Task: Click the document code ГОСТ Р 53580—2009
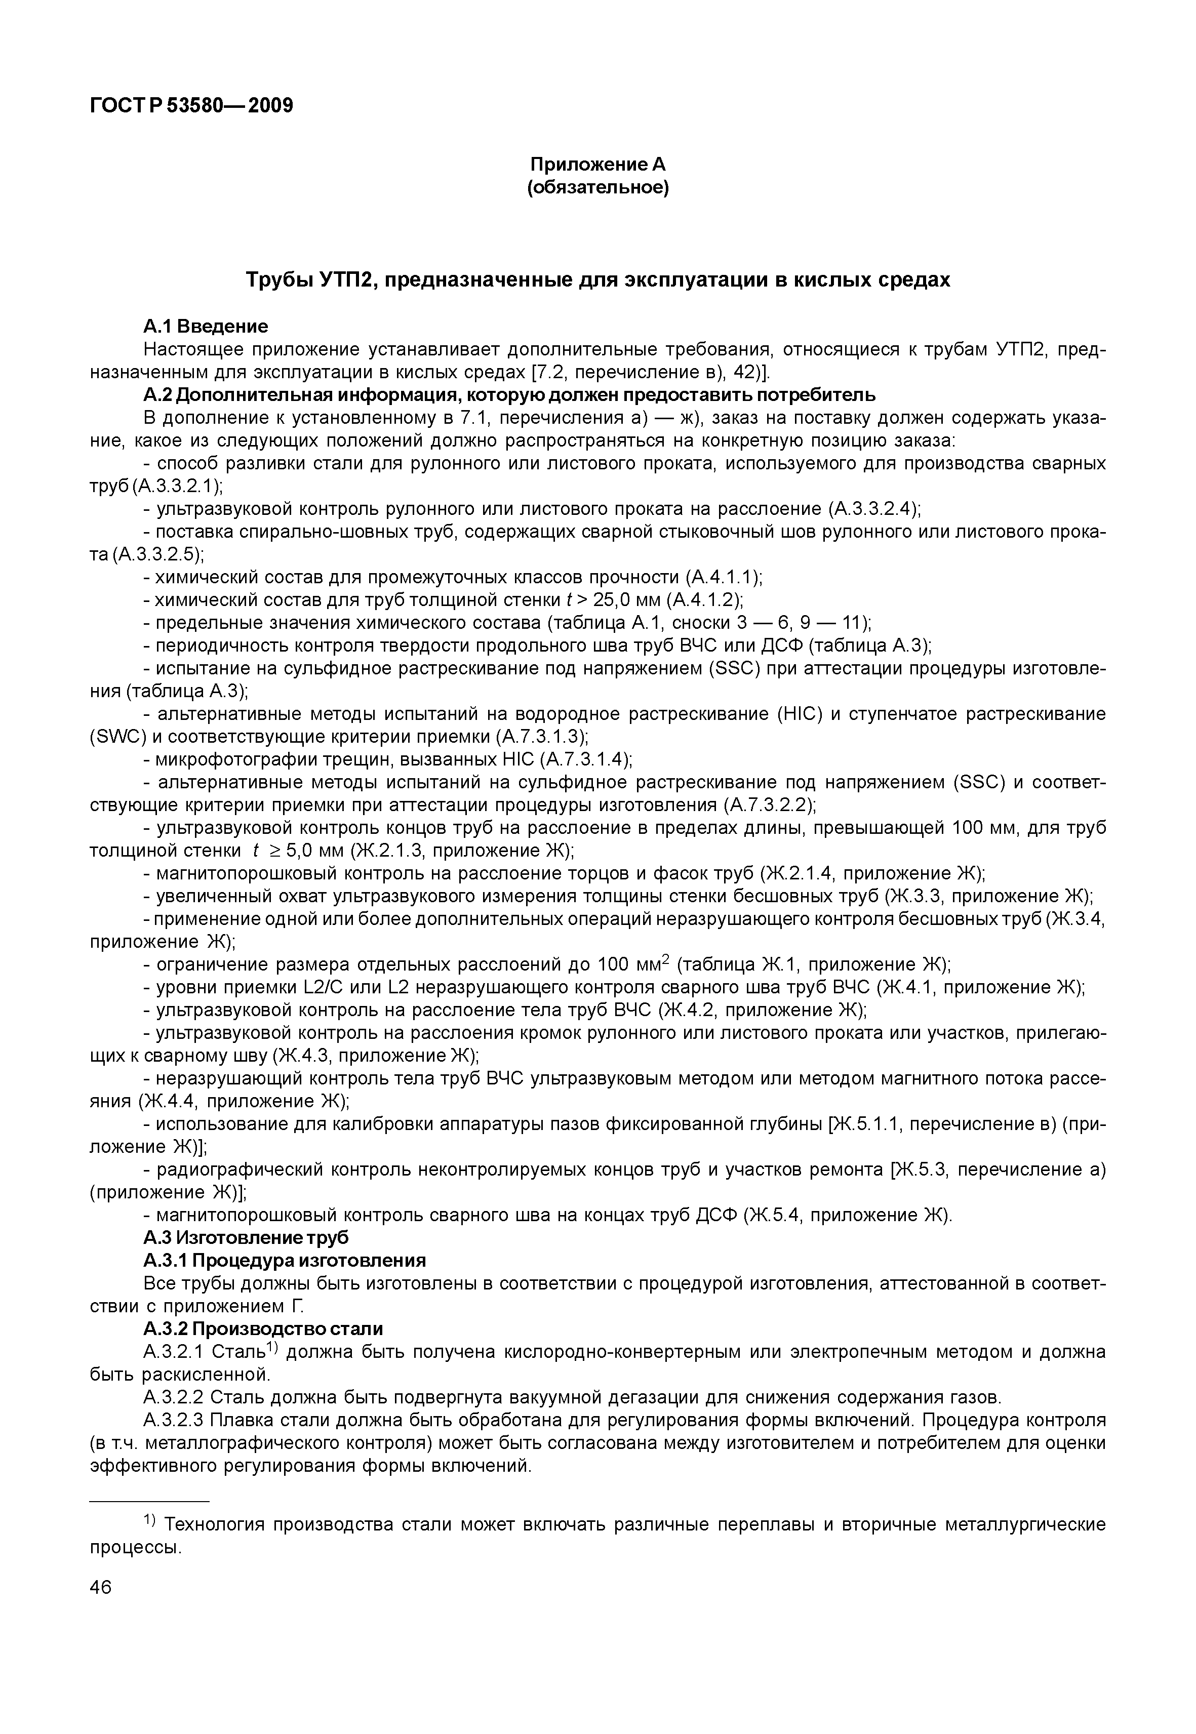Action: pos(191,106)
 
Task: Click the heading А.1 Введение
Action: pos(206,327)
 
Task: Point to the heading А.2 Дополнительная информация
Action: pos(509,395)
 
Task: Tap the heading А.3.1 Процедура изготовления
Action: pos(284,1261)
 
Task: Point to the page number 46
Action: pos(100,1587)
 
